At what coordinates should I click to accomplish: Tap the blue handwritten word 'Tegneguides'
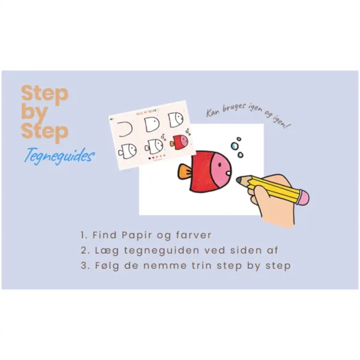point(59,156)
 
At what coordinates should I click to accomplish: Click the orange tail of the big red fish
point(184,172)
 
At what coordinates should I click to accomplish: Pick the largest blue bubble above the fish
point(234,145)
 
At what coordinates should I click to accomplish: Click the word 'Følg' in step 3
point(107,266)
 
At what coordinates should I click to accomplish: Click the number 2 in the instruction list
point(82,251)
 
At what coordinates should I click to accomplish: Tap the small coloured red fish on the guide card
point(178,142)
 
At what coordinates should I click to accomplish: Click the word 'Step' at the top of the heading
point(45,94)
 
